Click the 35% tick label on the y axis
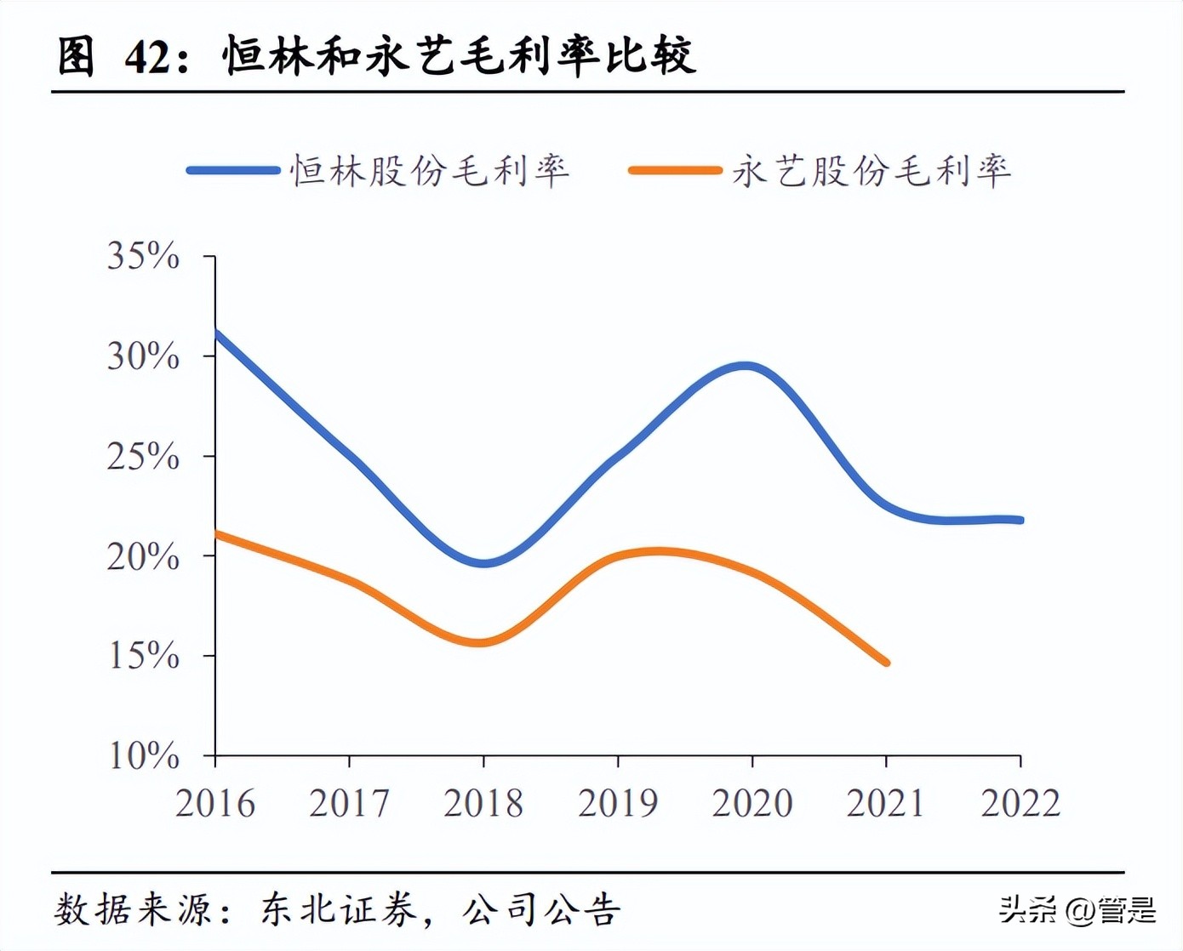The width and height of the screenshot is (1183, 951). point(143,255)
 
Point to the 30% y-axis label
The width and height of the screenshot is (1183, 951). point(143,356)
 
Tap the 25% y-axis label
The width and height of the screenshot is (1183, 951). point(143,457)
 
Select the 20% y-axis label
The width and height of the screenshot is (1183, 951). point(143,556)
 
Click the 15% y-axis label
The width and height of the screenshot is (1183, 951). point(143,656)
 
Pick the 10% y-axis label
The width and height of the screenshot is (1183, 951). point(143,755)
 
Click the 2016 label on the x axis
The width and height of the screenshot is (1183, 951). point(215,803)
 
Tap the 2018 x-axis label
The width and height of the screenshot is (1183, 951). point(483,803)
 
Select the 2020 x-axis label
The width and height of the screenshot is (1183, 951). point(752,803)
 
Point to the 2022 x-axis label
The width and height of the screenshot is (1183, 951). point(1020,803)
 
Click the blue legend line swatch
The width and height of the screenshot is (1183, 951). point(233,171)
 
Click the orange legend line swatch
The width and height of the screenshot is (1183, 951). point(675,171)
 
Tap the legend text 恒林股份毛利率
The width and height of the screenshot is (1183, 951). point(430,171)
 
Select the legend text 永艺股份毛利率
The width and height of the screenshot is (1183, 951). point(872,171)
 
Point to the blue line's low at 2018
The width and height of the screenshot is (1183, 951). point(483,562)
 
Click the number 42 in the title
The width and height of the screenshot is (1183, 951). point(150,57)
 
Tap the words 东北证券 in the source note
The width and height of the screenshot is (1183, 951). point(339,910)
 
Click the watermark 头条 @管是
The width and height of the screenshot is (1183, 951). point(1077,909)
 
